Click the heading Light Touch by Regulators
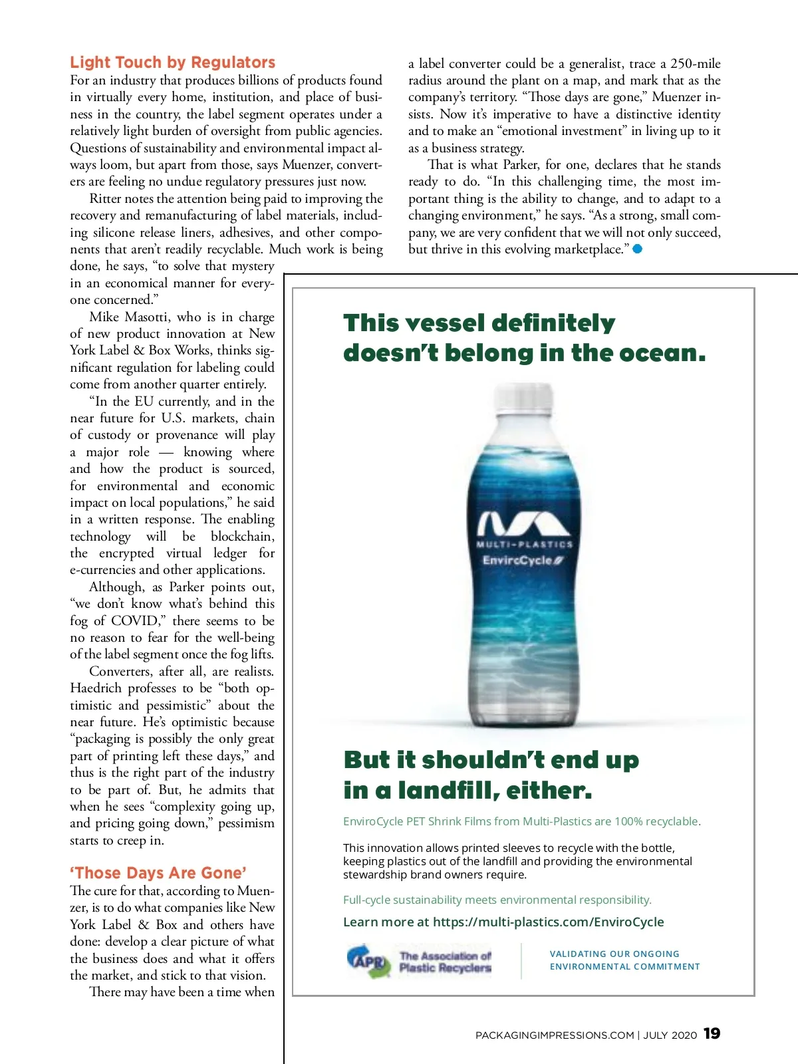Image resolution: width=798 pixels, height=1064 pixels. pos(172,63)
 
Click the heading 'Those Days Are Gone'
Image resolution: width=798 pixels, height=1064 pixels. pos(158,873)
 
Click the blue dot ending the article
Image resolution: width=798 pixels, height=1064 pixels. pos(638,249)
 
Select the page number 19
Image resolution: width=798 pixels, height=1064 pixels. pos(712,1033)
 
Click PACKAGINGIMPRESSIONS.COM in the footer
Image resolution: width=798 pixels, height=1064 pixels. pos(555,1035)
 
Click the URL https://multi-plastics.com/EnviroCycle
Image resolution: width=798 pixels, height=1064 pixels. pos(548,922)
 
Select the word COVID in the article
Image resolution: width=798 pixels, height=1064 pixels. pos(135,621)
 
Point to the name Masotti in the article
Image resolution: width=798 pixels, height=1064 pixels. pos(147,317)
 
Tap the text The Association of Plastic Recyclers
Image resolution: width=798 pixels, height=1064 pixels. pos(445,962)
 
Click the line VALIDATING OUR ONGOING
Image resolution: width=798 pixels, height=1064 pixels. pos(614,954)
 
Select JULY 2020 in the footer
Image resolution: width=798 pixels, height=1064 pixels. pos(670,1035)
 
